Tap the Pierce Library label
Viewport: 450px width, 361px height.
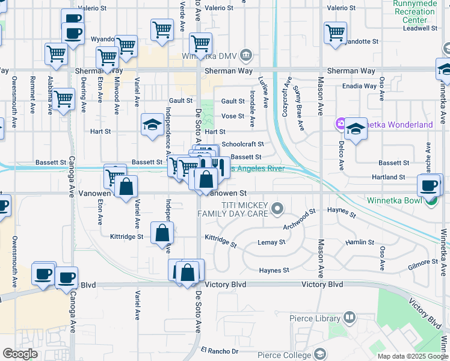(x=312, y=318)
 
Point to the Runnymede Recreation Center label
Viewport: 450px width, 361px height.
(x=415, y=11)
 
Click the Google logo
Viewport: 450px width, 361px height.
(x=20, y=354)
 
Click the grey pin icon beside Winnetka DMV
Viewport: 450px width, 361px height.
(x=246, y=57)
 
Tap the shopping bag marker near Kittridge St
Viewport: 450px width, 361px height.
(x=162, y=233)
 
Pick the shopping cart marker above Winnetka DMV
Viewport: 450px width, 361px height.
(x=200, y=43)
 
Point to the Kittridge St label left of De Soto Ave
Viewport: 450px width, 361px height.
(x=126, y=237)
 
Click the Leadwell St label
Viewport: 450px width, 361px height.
(x=420, y=28)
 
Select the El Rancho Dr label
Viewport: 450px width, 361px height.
(x=220, y=351)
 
